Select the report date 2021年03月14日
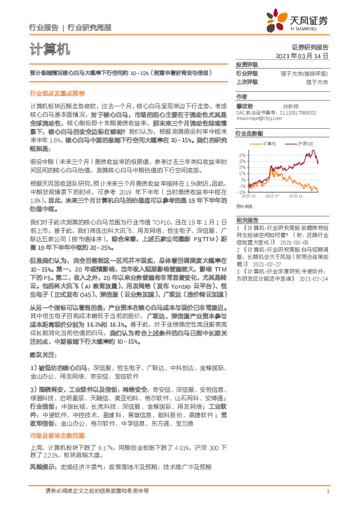point(302,55)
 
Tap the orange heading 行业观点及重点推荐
point(57,94)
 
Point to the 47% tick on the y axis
point(242,155)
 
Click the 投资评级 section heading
point(247,64)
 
